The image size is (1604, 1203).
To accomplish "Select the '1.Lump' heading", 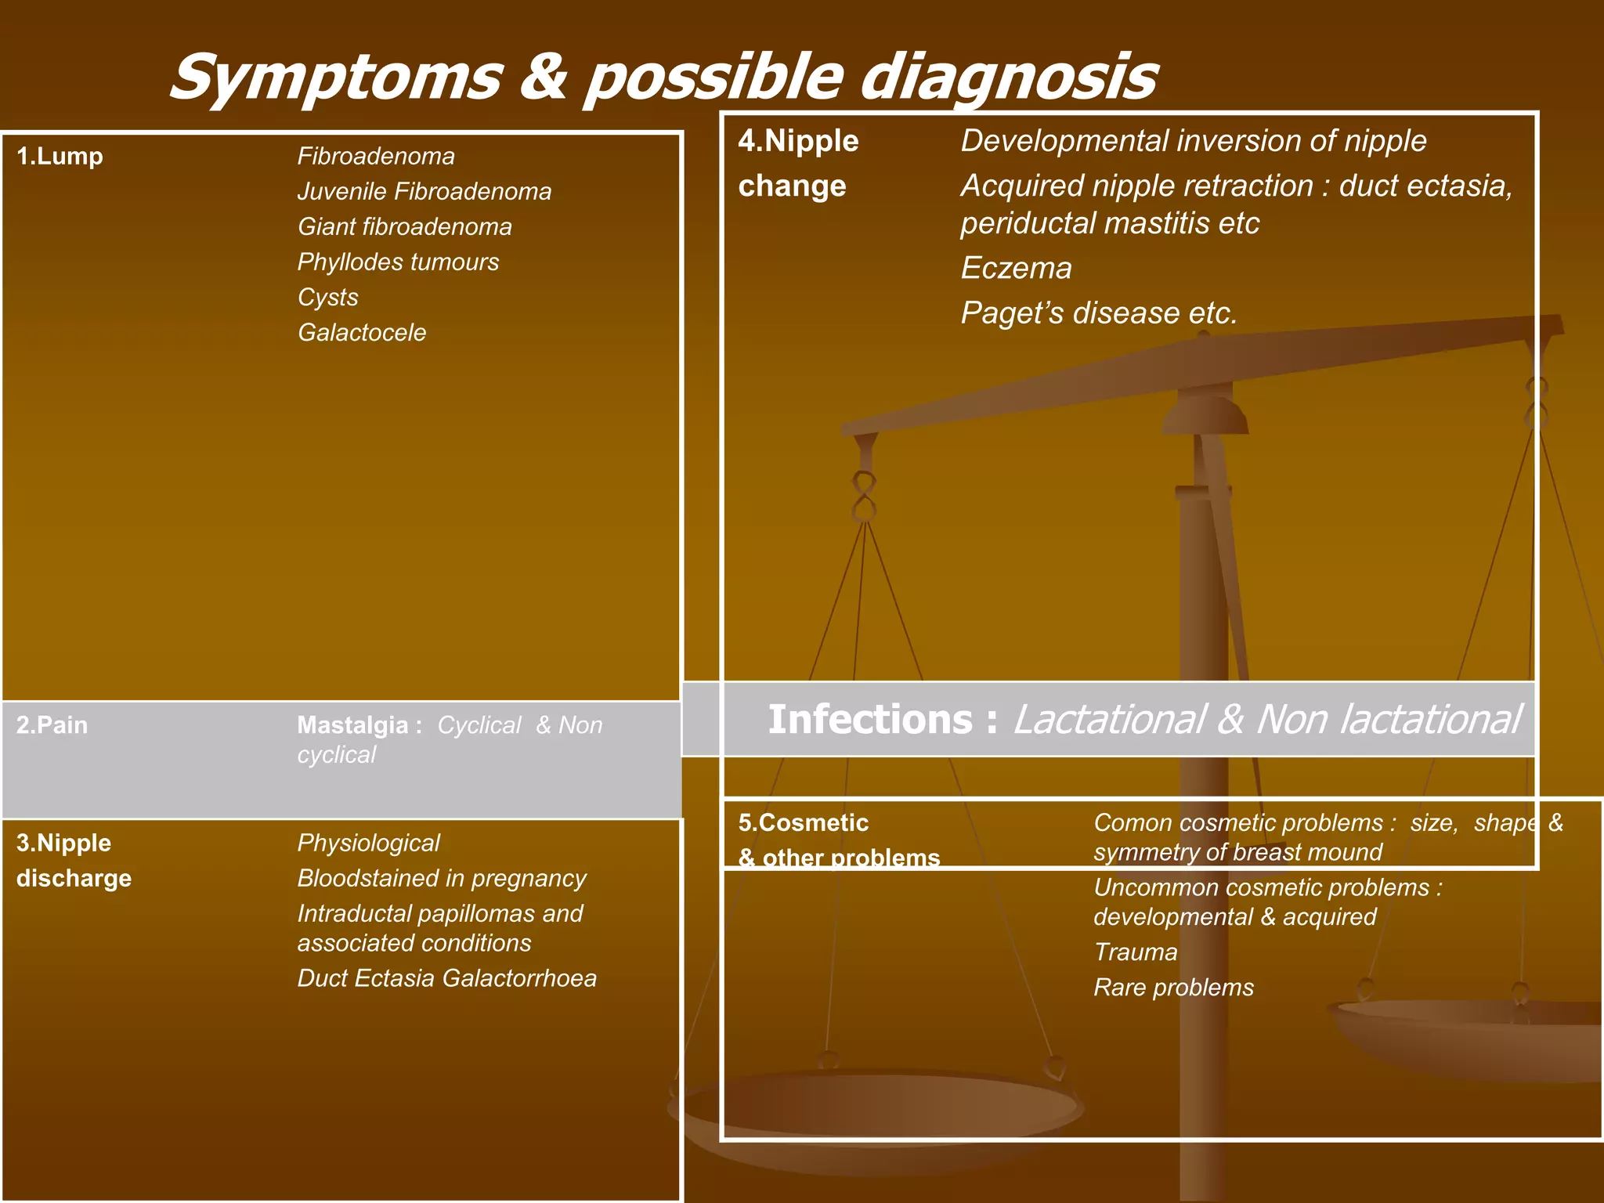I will pos(60,157).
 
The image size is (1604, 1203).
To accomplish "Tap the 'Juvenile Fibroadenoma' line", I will pos(424,192).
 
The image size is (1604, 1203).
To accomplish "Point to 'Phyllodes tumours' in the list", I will pos(398,262).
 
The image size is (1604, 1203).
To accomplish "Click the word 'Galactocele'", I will pos(362,333).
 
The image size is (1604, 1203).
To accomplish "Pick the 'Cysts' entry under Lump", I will pos(327,298).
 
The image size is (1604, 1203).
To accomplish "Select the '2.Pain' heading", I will pos(52,725).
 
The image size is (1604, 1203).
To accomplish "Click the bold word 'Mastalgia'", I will pos(352,725).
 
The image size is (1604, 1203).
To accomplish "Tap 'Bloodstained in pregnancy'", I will pos(442,879).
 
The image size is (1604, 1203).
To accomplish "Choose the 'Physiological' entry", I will pos(368,844).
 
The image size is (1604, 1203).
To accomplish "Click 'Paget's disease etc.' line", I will pos(1099,313).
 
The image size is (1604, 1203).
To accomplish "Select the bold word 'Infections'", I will pos(869,720).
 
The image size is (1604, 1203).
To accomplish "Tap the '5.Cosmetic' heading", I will pos(803,823).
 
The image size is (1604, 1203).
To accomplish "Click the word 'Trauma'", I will pos(1135,952).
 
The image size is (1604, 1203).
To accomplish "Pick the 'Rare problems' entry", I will pos(1173,988).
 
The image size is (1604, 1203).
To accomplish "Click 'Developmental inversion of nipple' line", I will pos(1193,142).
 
